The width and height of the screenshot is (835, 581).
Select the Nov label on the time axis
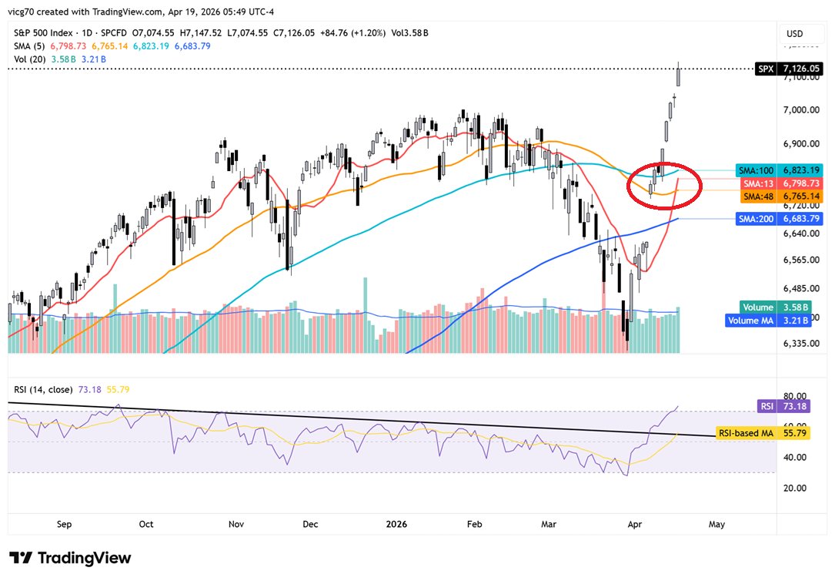pyautogui.click(x=236, y=524)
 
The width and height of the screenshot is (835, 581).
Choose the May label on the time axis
pyautogui.click(x=716, y=524)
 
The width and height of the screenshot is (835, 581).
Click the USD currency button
pyautogui.click(x=793, y=34)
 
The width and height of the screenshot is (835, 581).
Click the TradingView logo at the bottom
pyautogui.click(x=70, y=558)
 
